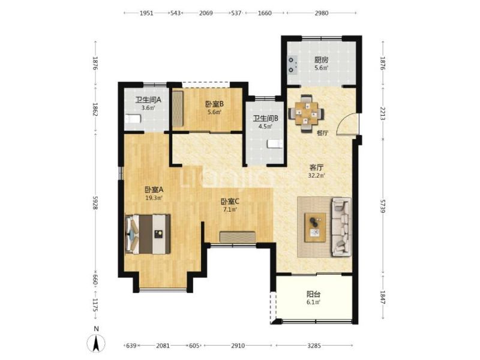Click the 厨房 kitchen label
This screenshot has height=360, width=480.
(321, 60)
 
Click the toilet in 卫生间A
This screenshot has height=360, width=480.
(133, 118)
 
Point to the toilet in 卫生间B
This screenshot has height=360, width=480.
(275, 144)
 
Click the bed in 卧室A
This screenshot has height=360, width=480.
(148, 234)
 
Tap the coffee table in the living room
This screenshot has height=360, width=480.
(315, 227)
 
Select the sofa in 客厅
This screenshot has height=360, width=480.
(341, 227)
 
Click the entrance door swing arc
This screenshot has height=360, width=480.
(344, 121)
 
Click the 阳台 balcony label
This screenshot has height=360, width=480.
(313, 295)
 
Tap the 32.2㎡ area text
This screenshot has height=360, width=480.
(317, 175)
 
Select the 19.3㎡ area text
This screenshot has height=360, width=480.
(154, 198)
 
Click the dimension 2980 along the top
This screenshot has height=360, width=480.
(322, 13)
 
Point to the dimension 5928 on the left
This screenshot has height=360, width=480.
(95, 203)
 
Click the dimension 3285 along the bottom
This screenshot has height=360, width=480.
(314, 346)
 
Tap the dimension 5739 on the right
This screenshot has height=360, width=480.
(383, 206)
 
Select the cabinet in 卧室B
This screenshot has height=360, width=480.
(177, 109)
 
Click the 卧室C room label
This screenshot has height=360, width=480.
(230, 202)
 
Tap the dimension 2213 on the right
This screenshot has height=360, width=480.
(383, 113)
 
